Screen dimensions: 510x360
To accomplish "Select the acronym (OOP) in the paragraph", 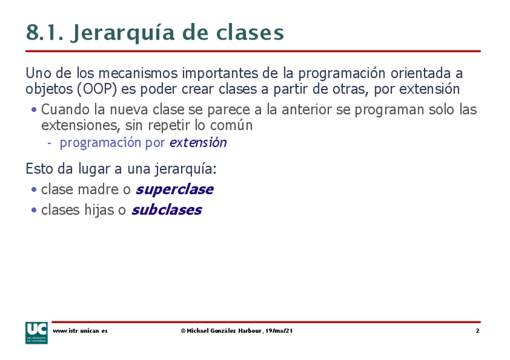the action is tap(97, 89).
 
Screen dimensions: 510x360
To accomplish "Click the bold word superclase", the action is tap(174, 189).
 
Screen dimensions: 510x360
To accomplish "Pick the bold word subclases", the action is tap(167, 210).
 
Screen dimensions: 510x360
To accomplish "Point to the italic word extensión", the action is tap(198, 142).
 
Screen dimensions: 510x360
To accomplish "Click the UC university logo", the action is tap(37, 333).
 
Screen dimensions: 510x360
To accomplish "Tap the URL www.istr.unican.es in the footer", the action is tap(80, 331).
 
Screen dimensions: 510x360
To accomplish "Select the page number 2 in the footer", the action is tap(478, 331).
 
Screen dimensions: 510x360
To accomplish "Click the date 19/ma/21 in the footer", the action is tap(278, 331).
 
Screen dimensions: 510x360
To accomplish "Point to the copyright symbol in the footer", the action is tap(183, 331).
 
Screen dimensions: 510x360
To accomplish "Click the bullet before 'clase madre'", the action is tap(34, 189).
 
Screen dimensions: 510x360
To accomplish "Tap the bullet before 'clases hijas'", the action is tap(34, 210).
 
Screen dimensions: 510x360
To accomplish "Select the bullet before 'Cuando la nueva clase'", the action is tap(34, 109).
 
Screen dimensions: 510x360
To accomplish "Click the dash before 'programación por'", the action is tap(49, 143).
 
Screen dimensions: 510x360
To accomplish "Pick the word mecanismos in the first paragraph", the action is tap(138, 73).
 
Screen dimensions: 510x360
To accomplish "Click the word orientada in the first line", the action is tap(420, 73).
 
